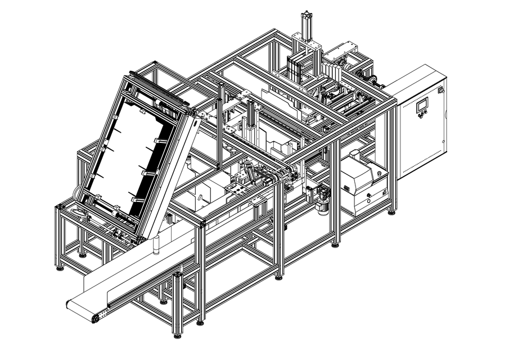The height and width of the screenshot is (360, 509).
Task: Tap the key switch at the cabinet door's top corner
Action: point(440,89)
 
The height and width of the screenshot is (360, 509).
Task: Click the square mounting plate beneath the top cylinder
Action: point(307,46)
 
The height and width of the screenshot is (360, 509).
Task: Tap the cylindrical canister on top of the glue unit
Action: point(354,154)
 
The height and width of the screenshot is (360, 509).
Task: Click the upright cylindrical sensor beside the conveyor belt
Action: point(158,246)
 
